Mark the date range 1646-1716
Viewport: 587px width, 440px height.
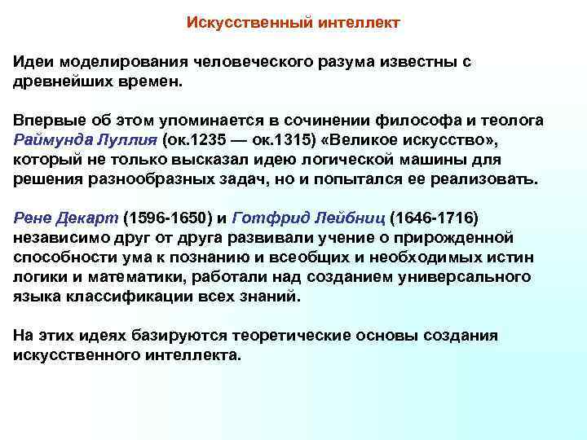(x=435, y=218)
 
